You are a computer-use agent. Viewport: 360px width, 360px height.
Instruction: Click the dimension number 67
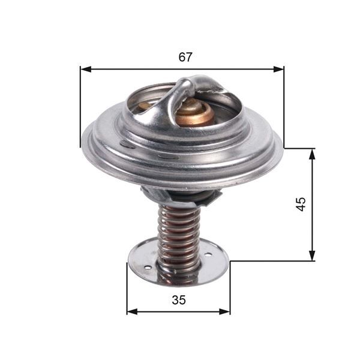[x=185, y=58]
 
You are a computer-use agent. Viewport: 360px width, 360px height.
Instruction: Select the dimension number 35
[x=178, y=301]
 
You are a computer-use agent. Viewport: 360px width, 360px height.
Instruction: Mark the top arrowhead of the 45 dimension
[x=312, y=153]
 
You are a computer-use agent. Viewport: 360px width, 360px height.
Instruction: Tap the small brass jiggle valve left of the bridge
[x=145, y=107]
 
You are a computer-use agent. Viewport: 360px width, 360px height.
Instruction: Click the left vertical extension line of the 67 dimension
[x=80, y=108]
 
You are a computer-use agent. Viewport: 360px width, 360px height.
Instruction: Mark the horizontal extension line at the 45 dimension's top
[x=299, y=148]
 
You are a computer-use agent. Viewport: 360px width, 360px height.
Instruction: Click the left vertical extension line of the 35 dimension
[x=127, y=288]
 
